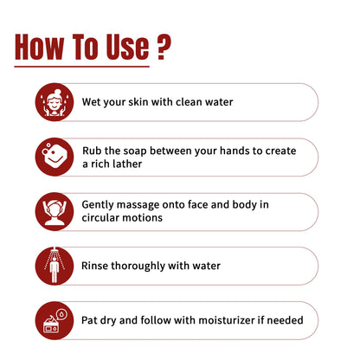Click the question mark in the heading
pyautogui.click(x=164, y=47)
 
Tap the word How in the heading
pyautogui.click(x=39, y=47)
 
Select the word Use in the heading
pyautogui.click(x=127, y=47)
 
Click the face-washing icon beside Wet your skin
pyautogui.click(x=55, y=102)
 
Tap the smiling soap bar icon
pyautogui.click(x=55, y=157)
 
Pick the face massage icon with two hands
pyautogui.click(x=55, y=211)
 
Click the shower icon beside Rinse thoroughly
pyautogui.click(x=55, y=266)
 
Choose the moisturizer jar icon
pyautogui.click(x=55, y=320)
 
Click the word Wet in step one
pyautogui.click(x=89, y=102)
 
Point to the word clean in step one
pyautogui.click(x=189, y=102)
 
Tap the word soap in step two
pyautogui.click(x=135, y=151)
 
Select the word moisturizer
pyautogui.click(x=227, y=320)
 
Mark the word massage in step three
pyautogui.click(x=138, y=205)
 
